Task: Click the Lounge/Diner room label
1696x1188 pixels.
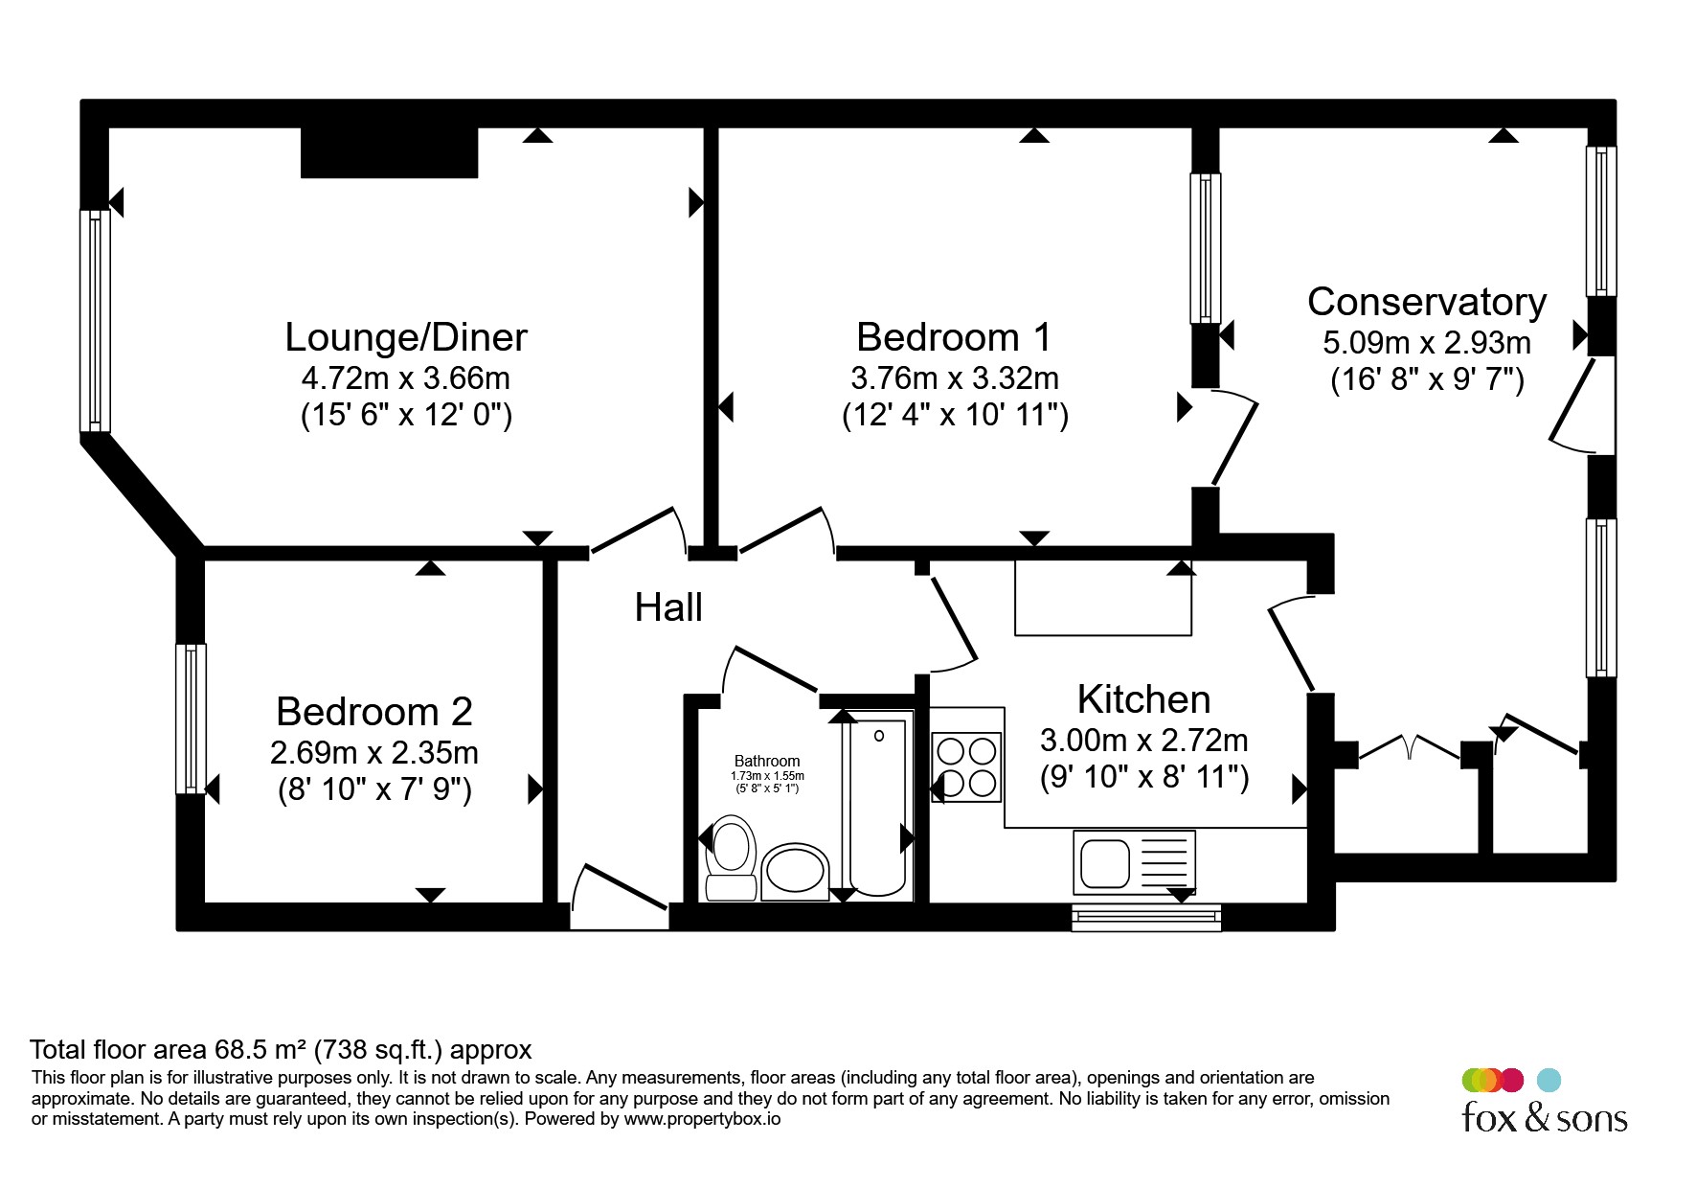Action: (x=406, y=337)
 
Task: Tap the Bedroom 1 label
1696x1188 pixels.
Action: (x=954, y=337)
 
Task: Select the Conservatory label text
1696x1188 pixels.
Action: (x=1427, y=302)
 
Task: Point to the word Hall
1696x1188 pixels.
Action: (x=668, y=607)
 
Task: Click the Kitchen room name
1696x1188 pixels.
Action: (x=1143, y=699)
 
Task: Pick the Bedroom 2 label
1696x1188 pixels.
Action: (x=374, y=712)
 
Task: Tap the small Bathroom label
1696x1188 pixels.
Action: (x=767, y=761)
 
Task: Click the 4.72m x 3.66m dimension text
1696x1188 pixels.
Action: (x=406, y=378)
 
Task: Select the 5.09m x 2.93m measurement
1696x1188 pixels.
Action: (x=1427, y=343)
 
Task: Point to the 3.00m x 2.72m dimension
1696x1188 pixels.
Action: (x=1143, y=741)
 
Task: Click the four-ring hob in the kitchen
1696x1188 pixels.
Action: (x=967, y=766)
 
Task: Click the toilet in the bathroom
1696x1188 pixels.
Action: (x=732, y=857)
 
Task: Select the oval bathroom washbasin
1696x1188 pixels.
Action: (x=795, y=872)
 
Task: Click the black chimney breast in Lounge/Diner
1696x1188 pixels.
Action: (x=389, y=152)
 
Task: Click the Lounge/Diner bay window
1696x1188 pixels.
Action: (x=95, y=321)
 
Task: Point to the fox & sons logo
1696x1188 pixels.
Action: (x=1544, y=1102)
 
